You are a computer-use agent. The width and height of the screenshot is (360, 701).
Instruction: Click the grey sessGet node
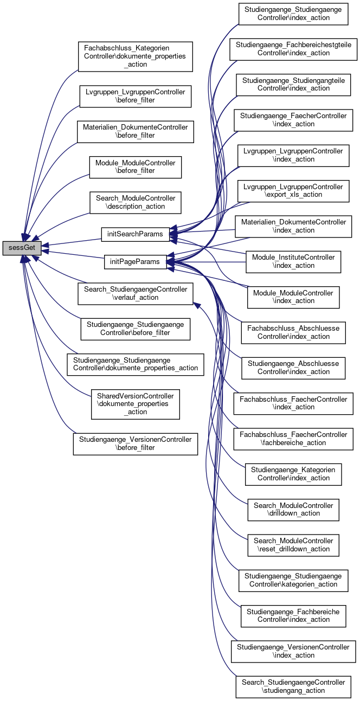point(22,248)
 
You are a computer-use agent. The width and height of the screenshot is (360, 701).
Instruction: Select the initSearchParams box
point(135,234)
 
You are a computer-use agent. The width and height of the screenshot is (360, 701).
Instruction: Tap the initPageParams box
point(135,262)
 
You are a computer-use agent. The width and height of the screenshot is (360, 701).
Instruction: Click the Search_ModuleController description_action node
point(135,202)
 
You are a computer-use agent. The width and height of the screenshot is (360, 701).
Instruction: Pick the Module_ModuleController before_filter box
point(135,167)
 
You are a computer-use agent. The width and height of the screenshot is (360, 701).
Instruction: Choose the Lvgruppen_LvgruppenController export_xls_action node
point(293,191)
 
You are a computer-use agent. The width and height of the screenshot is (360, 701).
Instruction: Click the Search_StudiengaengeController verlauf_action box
point(135,293)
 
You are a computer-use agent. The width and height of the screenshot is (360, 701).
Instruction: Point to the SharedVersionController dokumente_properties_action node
point(135,404)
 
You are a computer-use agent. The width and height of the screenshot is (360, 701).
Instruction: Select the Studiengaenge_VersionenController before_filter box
point(135,444)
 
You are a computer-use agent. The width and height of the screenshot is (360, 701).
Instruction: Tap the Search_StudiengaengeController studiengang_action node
point(293,686)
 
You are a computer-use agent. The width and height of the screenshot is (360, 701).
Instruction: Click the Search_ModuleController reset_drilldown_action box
point(293,545)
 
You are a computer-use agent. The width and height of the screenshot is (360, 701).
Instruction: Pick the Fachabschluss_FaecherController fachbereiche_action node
point(293,439)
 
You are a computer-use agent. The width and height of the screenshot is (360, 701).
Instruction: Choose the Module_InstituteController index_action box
point(293,262)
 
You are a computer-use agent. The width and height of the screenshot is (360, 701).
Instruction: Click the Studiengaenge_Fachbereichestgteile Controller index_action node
point(293,49)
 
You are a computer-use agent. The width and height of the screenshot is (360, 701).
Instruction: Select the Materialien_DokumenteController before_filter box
point(135,132)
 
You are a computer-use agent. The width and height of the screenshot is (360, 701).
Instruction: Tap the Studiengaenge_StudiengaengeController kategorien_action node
point(293,581)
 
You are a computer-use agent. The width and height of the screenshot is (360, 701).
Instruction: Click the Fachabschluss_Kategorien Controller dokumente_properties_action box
point(135,56)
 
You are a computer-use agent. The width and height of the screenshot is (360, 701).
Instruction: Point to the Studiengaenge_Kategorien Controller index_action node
point(293,474)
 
